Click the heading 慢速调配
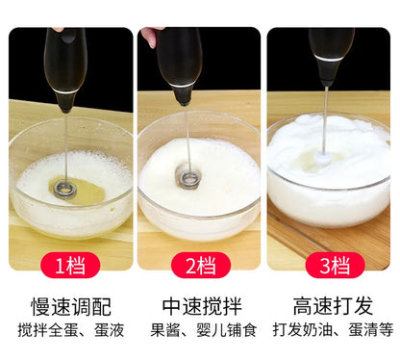pos(70,307)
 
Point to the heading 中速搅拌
pos(200,307)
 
